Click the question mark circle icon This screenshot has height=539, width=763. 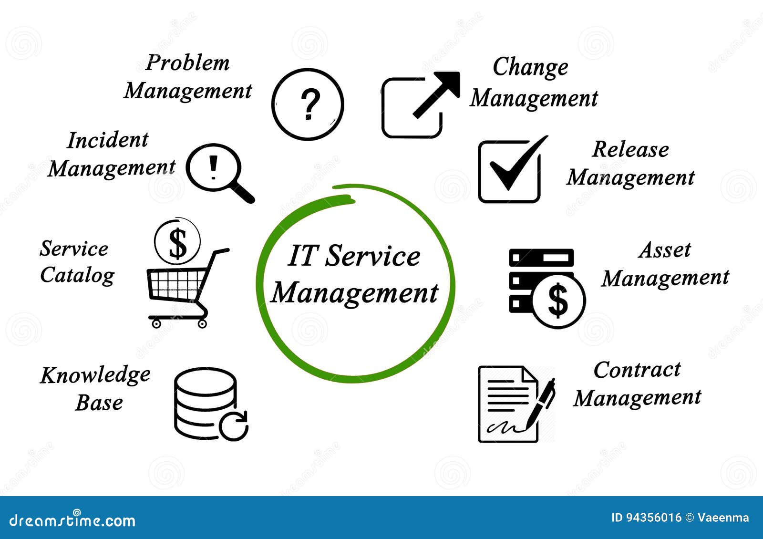(x=308, y=104)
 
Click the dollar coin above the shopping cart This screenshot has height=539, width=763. (x=177, y=242)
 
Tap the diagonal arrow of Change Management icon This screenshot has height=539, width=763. (x=437, y=94)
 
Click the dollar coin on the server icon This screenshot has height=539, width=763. (x=558, y=301)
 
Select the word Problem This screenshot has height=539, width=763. (x=187, y=63)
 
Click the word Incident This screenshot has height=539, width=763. (x=108, y=140)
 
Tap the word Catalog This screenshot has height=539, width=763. (x=77, y=275)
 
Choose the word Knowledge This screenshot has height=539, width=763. (x=95, y=375)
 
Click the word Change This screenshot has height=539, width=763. (x=530, y=67)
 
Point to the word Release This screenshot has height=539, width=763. (x=630, y=150)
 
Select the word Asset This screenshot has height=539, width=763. (x=665, y=250)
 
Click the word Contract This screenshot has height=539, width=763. (x=637, y=370)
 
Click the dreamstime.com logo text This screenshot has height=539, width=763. (x=72, y=520)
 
